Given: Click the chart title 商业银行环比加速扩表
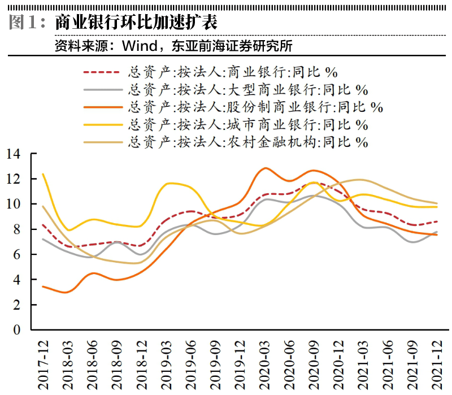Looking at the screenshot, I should tap(136, 23).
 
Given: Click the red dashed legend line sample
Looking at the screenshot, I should tap(102, 72).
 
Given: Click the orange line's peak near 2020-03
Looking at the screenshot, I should tap(266, 168).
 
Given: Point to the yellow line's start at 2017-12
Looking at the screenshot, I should tap(44, 174).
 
